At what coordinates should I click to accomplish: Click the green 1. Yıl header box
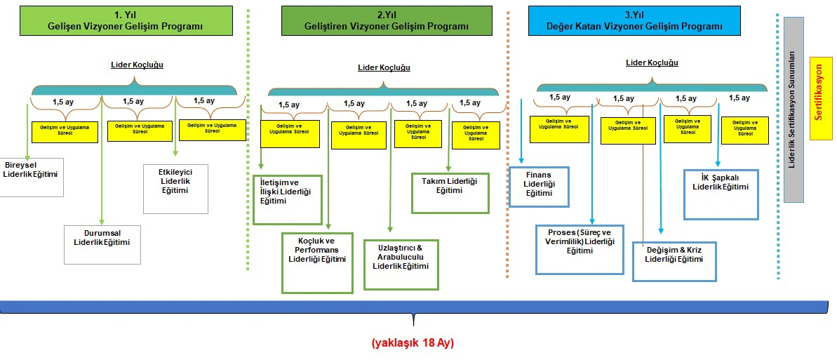coord(125,20)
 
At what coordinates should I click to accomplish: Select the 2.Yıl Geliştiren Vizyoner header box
coord(386,20)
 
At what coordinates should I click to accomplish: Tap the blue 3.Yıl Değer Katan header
coord(634,20)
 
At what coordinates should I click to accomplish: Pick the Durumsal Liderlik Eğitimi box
coord(102,244)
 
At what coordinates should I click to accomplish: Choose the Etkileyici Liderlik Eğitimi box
coord(176,187)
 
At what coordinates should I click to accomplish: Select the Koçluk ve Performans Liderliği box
coord(317,262)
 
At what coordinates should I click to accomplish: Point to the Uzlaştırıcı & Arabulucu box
coord(401,265)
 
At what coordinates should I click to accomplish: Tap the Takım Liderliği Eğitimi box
coord(449,192)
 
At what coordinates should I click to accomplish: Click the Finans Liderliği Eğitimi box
coord(539,187)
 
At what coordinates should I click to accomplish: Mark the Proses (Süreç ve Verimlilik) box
coord(580,249)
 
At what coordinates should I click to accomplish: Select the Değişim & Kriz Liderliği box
coord(674,261)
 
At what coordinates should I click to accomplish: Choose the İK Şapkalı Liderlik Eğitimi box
coord(721,194)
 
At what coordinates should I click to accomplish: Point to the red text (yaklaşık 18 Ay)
coord(413,343)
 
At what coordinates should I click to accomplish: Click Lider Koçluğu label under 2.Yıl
coord(384,67)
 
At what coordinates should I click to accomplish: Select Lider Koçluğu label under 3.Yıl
coord(652,62)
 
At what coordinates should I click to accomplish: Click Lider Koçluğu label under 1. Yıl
coord(137,65)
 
